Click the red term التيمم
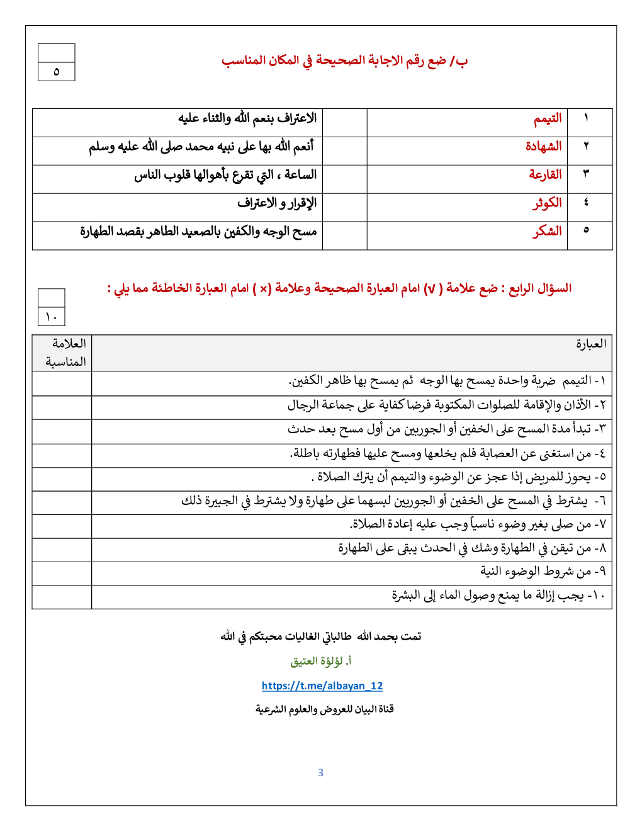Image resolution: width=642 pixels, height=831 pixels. tap(548, 119)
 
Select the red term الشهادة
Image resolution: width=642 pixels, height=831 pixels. tap(543, 147)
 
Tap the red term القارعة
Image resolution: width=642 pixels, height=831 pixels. tap(545, 174)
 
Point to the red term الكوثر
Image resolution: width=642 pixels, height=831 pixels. tap(547, 203)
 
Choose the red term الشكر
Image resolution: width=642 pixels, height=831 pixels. tap(547, 231)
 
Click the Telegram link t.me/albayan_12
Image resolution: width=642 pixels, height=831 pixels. tap(322, 686)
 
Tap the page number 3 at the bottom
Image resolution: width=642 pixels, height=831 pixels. tap(320, 772)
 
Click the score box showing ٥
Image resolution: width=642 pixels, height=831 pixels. tap(56, 71)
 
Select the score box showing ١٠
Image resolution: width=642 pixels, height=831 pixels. tap(51, 316)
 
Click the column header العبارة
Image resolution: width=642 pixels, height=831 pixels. tap(591, 344)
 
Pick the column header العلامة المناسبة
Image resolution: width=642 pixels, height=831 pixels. tap(65, 353)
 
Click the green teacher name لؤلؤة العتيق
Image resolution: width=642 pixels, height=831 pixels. tap(320, 661)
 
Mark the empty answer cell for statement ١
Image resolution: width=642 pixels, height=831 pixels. tap(62, 383)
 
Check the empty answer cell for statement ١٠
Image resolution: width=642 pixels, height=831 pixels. tap(62, 597)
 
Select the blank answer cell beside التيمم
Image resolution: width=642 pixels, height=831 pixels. tap(344, 122)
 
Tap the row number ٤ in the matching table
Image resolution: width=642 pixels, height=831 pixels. tap(586, 202)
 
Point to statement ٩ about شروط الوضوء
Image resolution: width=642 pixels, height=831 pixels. tap(543, 572)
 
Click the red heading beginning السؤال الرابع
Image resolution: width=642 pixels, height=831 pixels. tap(339, 288)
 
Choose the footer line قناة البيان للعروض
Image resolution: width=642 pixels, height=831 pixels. tap(324, 709)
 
